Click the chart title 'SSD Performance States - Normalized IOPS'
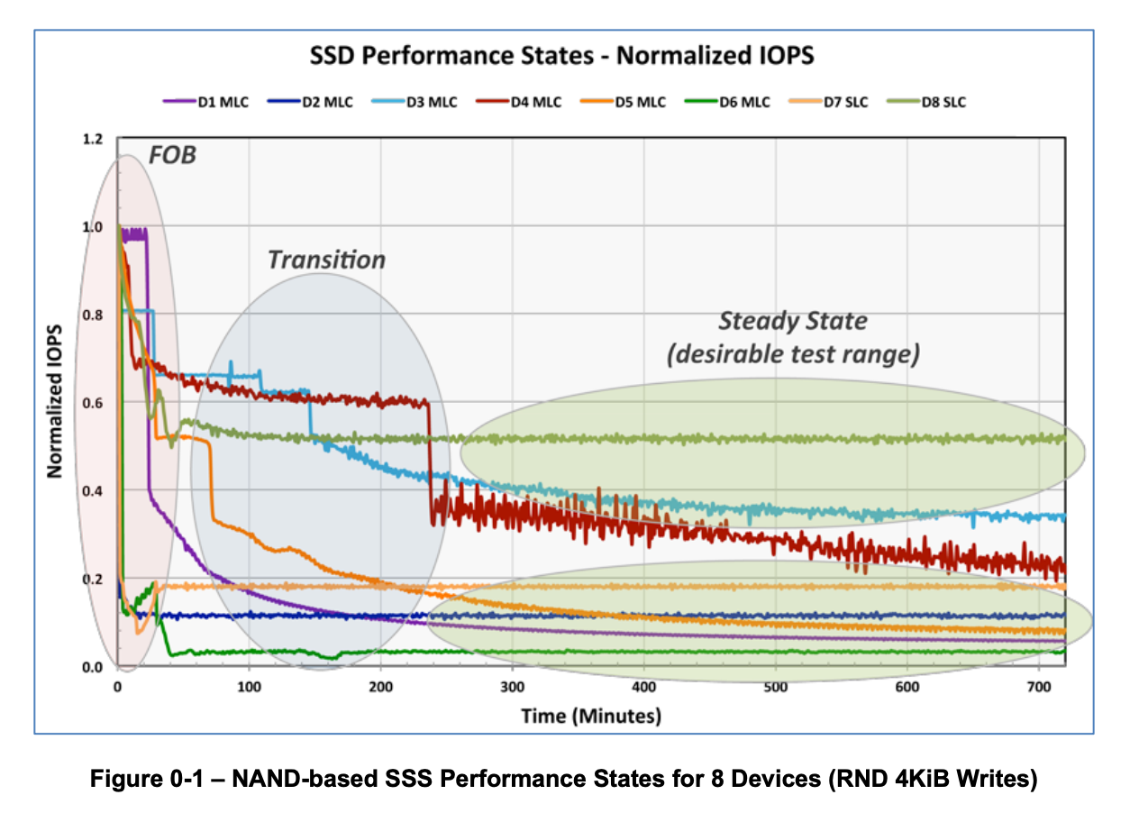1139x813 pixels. click(561, 56)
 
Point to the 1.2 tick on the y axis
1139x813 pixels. click(93, 140)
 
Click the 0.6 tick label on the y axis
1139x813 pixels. click(93, 403)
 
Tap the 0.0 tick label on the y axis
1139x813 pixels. click(93, 667)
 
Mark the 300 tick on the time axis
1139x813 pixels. click(512, 687)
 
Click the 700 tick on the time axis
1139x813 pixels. click(1039, 687)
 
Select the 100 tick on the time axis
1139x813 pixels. click(249, 687)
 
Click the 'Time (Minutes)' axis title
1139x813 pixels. click(591, 717)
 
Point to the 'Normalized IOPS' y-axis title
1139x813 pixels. click(55, 401)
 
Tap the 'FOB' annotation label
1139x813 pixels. click(173, 155)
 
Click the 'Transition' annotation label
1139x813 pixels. click(326, 260)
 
